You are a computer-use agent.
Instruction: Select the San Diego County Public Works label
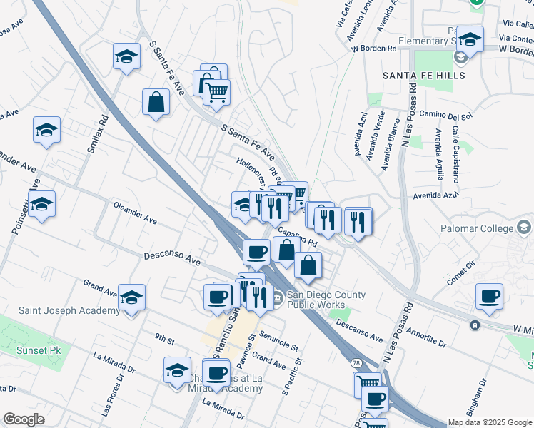pyautogui.click(x=326, y=300)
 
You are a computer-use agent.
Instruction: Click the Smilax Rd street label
pyautogui.click(x=93, y=133)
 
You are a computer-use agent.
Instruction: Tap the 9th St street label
pyautogui.click(x=165, y=341)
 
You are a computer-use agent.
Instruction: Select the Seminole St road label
pyautogui.click(x=278, y=340)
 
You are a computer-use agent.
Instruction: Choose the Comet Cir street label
pyautogui.click(x=461, y=272)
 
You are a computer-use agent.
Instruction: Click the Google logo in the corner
pyautogui.click(x=24, y=420)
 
